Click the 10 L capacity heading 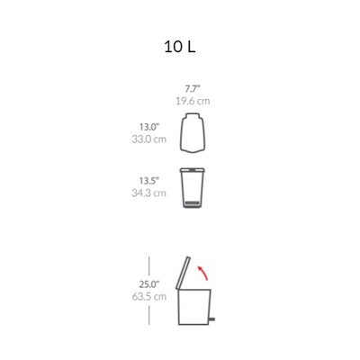coord(180,47)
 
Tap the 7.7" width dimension coord(193,89)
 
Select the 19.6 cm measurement coord(193,101)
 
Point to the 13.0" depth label coord(148,127)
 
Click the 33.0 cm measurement coord(148,139)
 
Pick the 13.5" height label coord(148,181)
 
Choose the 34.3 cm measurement coord(148,193)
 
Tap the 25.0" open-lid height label coord(149,283)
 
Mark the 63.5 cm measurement coord(149,297)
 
